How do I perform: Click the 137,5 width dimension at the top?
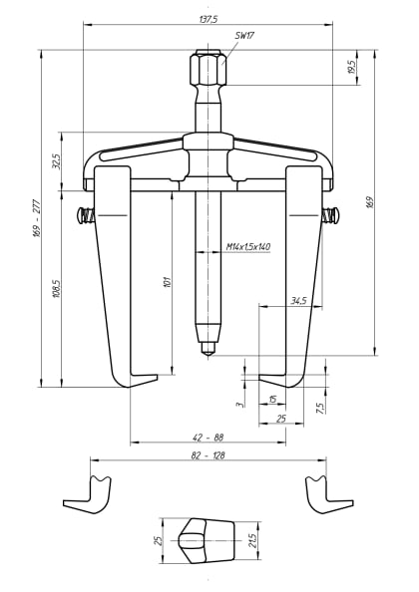pyautogui.click(x=208, y=19)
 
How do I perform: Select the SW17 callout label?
pyautogui.click(x=243, y=35)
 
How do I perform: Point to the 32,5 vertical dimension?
pyautogui.click(x=57, y=160)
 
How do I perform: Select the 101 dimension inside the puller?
pyautogui.click(x=165, y=283)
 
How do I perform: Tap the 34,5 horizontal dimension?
pyautogui.click(x=298, y=300)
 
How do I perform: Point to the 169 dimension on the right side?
pyautogui.click(x=370, y=202)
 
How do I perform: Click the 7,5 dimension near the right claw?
pyautogui.click(x=320, y=408)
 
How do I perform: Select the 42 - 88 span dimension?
pyautogui.click(x=208, y=436)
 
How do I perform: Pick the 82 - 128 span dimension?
pyautogui.click(x=208, y=454)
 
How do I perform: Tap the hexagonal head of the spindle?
pyautogui.click(x=208, y=70)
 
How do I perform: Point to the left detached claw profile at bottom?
pyautogui.click(x=88, y=494)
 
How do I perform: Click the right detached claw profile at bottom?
pyautogui.click(x=326, y=494)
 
